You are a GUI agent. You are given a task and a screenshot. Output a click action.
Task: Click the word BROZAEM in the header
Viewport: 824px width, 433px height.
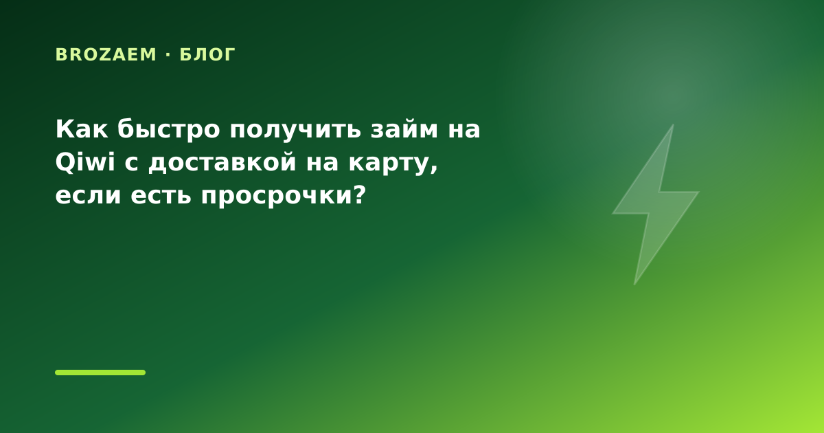click(x=106, y=55)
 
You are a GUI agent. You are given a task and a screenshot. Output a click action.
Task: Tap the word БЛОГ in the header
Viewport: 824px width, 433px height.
click(x=207, y=55)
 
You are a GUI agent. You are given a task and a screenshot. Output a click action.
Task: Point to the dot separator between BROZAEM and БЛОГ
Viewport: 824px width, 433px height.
click(x=168, y=55)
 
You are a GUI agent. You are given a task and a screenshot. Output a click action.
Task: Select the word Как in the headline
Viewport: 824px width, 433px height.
click(x=82, y=129)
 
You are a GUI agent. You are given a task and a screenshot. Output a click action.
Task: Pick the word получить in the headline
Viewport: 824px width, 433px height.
click(x=295, y=131)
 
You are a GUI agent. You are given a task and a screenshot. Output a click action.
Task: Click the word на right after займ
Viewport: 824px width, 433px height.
click(x=464, y=131)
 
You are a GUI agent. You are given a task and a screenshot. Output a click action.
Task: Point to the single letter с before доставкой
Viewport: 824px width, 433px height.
click(x=131, y=164)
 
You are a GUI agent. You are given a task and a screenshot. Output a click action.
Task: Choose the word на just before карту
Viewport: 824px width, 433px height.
click(x=322, y=164)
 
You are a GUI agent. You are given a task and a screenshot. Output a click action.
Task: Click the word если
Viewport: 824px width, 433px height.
click(x=88, y=195)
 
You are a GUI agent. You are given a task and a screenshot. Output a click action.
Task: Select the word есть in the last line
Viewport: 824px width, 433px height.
click(x=161, y=195)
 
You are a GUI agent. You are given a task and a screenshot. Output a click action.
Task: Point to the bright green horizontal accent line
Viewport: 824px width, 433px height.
click(x=100, y=373)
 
